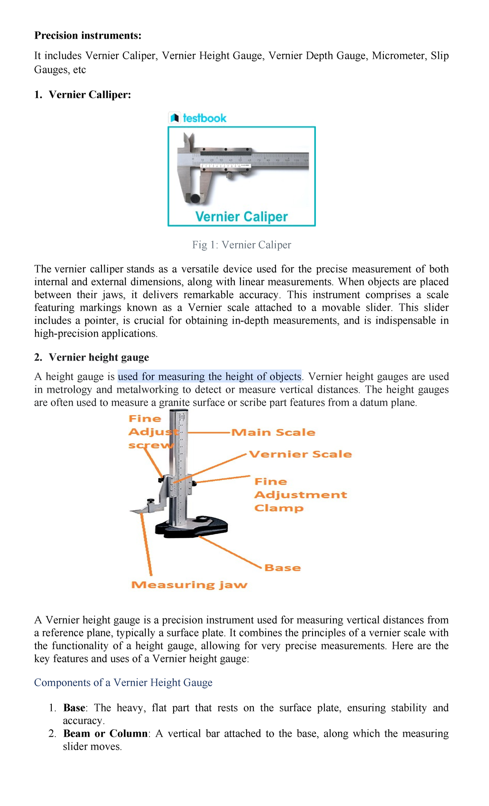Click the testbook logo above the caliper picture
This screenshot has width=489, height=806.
click(x=198, y=118)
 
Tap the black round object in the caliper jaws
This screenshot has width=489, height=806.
click(x=196, y=199)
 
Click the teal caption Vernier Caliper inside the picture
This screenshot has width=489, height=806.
click(x=241, y=217)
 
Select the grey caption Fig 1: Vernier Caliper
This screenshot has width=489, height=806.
click(x=242, y=245)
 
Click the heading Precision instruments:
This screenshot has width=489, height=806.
click(x=88, y=35)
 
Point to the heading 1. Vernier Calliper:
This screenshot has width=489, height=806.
click(x=83, y=95)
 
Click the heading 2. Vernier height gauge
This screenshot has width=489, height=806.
click(x=92, y=357)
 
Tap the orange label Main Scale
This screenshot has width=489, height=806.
click(x=273, y=432)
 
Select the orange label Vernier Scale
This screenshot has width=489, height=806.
click(x=300, y=454)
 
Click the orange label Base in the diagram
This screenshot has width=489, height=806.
click(x=282, y=568)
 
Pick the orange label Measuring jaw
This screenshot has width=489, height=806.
click(x=189, y=585)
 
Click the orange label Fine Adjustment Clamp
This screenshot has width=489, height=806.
click(x=300, y=495)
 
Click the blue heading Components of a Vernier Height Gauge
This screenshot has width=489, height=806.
click(x=123, y=683)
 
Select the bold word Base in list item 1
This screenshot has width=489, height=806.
click(x=74, y=708)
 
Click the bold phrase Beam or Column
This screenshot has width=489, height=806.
click(x=105, y=734)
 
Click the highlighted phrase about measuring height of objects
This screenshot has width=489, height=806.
click(x=209, y=376)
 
